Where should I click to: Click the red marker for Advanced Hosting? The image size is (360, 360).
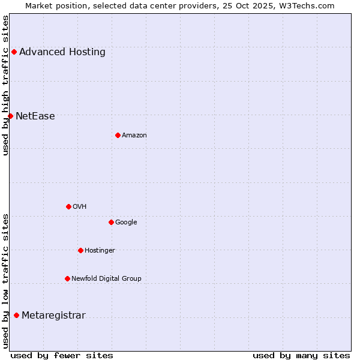14,52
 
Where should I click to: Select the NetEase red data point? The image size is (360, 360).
10,116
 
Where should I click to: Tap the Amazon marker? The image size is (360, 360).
118,135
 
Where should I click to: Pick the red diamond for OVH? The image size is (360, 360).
68,206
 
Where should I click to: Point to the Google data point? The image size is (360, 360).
111,222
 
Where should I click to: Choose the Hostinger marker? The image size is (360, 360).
80,250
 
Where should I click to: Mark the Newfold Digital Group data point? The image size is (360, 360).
67,278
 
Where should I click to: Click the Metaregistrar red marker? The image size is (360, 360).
16,316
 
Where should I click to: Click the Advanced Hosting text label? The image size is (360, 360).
62,52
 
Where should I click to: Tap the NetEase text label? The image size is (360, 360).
35,116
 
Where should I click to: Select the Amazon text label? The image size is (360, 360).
134,135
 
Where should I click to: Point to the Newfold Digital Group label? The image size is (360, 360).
106,278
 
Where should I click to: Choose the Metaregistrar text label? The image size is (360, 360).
53,316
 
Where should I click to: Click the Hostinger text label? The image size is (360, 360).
100,250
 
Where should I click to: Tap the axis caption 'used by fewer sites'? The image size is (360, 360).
62,355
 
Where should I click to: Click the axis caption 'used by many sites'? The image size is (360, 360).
301,355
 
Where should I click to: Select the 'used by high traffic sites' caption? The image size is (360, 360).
5,85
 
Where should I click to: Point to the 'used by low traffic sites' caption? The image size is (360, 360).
5,281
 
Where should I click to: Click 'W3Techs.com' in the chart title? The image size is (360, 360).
309,5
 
